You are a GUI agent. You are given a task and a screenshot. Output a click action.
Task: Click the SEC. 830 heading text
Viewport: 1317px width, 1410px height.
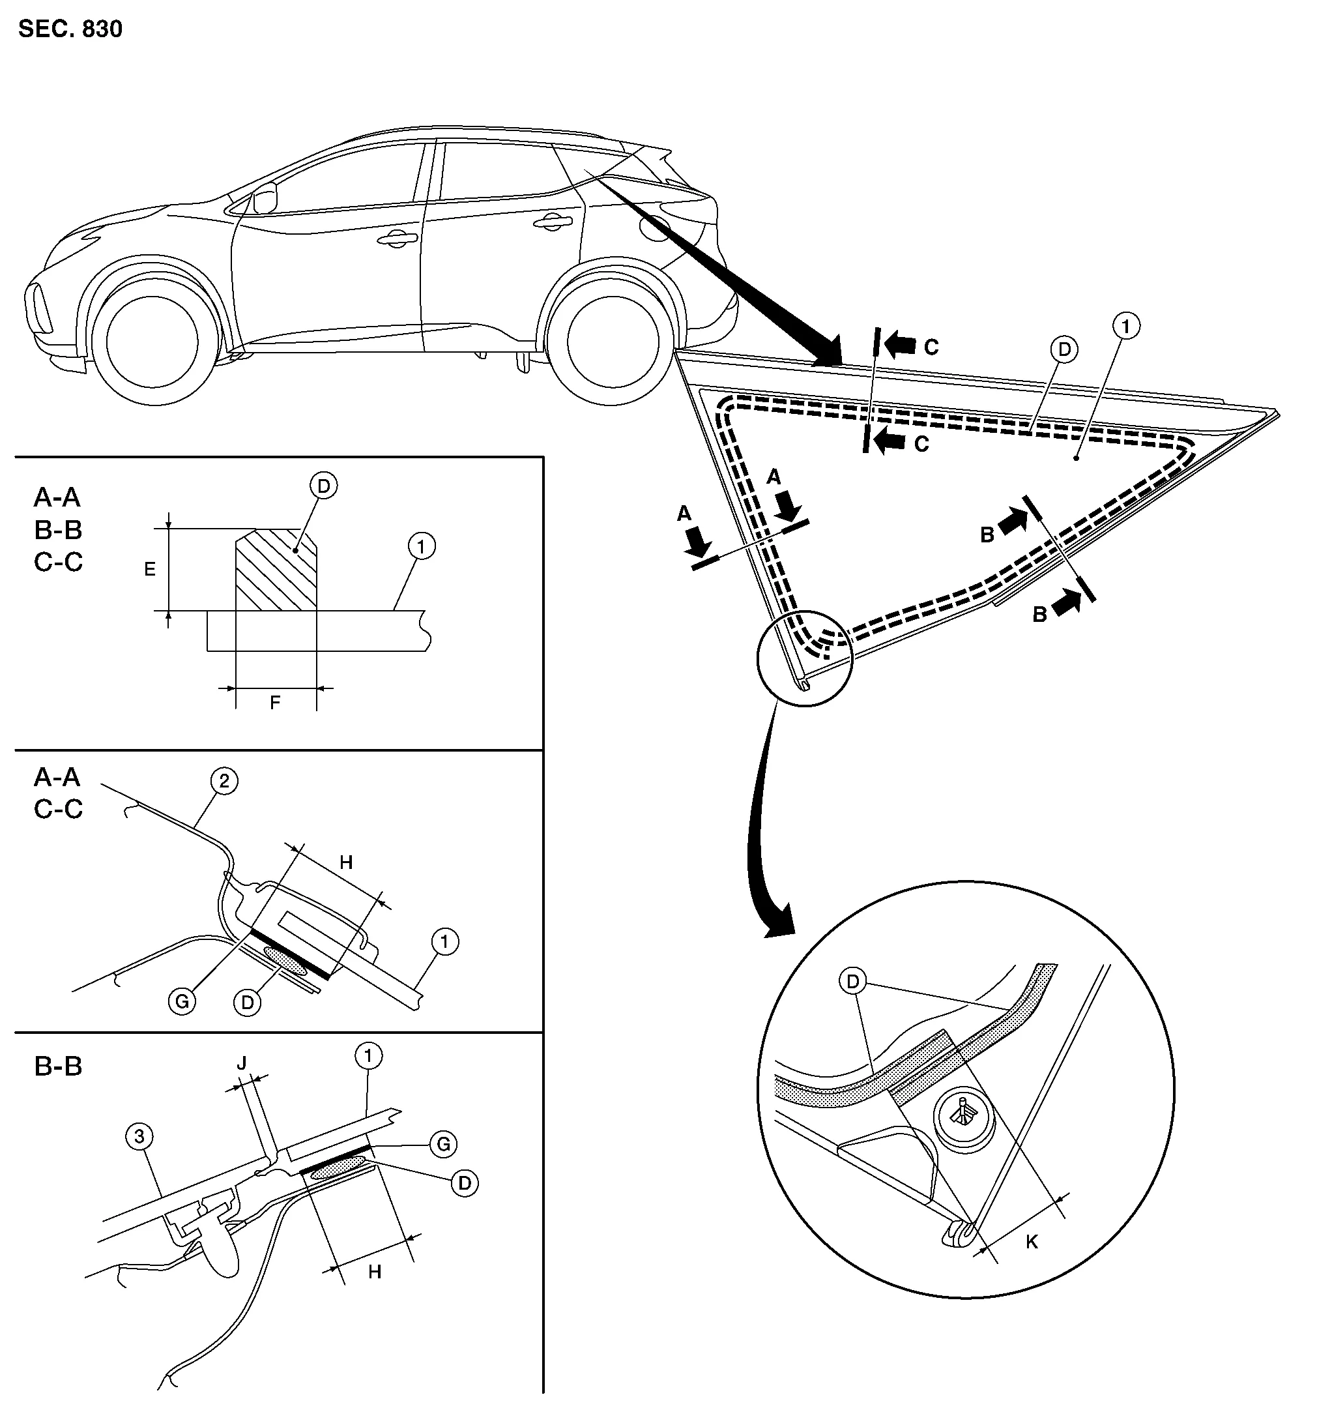70,29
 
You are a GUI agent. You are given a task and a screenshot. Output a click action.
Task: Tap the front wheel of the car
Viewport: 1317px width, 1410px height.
152,342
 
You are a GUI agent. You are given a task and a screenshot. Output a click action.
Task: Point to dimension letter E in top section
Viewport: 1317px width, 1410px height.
150,569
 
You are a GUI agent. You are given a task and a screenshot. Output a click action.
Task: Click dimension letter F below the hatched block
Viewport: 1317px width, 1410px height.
275,702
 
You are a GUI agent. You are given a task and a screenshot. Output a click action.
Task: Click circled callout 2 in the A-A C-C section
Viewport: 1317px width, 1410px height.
224,782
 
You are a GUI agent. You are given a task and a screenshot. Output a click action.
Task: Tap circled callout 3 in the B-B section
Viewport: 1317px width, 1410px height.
139,1137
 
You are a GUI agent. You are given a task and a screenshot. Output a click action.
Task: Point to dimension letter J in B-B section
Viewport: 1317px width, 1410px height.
242,1063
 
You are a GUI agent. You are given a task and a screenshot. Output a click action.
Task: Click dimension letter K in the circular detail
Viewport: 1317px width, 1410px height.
1032,1241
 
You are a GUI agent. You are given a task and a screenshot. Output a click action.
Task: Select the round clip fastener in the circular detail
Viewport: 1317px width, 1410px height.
963,1119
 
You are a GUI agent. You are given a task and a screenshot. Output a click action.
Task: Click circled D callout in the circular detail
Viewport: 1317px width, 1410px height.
853,982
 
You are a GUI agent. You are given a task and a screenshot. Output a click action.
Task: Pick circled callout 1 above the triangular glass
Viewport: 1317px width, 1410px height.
1126,326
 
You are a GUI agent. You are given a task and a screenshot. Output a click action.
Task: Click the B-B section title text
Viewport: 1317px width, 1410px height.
58,1066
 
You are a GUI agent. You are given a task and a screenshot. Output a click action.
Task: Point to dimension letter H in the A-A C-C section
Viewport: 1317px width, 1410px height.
346,862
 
